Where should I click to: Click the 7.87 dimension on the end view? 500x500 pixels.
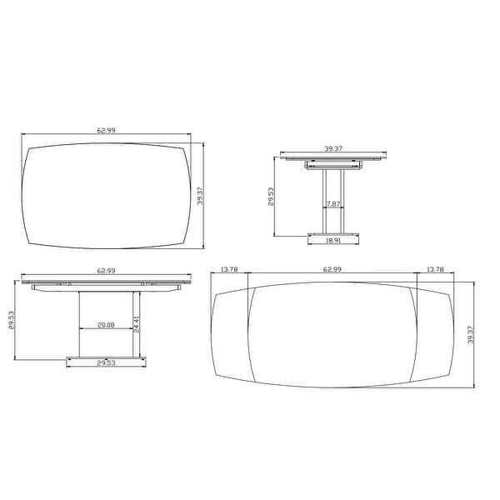point(332,204)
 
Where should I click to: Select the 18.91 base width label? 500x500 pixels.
point(332,240)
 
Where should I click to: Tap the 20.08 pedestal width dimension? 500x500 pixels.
point(105,324)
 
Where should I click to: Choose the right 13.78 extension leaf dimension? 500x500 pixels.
point(434,269)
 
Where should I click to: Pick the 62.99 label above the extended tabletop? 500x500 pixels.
point(332,269)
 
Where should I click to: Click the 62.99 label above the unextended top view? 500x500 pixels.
point(106,130)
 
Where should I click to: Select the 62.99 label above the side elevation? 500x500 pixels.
point(106,271)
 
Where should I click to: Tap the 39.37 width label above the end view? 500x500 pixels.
point(332,148)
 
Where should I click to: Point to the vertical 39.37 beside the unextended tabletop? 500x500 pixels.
point(200,195)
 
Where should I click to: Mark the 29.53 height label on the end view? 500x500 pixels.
point(272,199)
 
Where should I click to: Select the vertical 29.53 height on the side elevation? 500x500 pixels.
point(12,321)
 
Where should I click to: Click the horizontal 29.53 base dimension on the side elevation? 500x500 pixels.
point(106,363)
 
